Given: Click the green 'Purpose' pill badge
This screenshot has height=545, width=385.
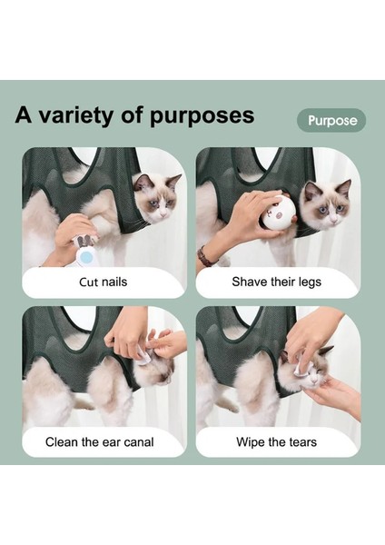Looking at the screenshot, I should (331, 120).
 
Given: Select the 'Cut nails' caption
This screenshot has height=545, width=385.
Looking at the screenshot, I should (103, 282).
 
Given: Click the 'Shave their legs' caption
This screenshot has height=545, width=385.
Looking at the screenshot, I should (276, 282).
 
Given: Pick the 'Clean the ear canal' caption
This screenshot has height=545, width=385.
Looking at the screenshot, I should (100, 442).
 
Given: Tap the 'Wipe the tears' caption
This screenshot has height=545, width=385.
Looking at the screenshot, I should (276, 442).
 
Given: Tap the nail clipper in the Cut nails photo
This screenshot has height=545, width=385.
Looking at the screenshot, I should (84, 243).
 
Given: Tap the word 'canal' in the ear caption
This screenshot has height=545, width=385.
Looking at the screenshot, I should (135, 442).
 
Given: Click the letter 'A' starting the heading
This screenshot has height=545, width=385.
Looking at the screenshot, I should (25, 117).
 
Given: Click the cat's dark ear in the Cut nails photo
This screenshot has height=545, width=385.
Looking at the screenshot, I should (142, 181).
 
